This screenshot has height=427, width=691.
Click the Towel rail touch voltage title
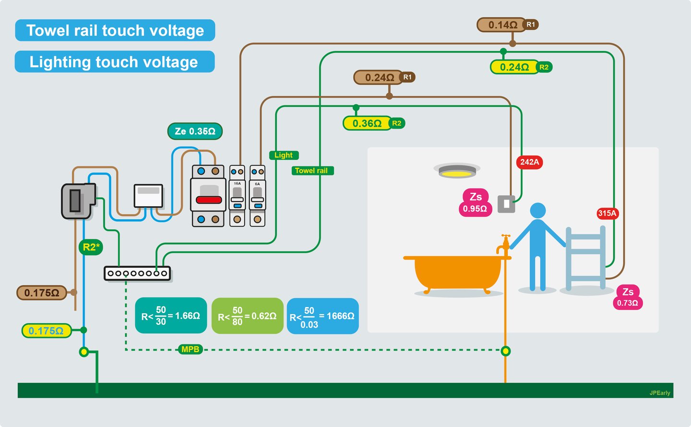pyautogui.click(x=115, y=31)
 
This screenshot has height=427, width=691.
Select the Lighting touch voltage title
pyautogui.click(x=114, y=62)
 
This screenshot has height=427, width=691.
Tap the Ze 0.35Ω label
pyautogui.click(x=195, y=131)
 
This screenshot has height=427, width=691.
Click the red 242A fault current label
pyautogui.click(x=530, y=162)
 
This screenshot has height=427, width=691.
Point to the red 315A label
pyautogui.click(x=607, y=213)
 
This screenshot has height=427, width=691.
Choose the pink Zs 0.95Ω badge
pyautogui.click(x=475, y=202)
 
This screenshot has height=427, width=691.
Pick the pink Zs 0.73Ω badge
pyautogui.click(x=628, y=297)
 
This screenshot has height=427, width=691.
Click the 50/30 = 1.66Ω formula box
pyautogui.click(x=171, y=316)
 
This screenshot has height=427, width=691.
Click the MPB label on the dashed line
pyautogui.click(x=190, y=349)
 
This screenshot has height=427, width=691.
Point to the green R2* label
pyautogui.click(x=91, y=247)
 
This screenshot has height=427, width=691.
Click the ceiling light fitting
pyautogui.click(x=456, y=170)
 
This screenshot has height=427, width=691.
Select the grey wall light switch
pyautogui.click(x=506, y=204)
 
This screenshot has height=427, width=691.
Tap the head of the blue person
pyautogui.click(x=538, y=211)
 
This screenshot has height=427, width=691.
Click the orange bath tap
pyautogui.click(x=503, y=245)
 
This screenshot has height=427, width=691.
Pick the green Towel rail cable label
pyautogui.click(x=311, y=171)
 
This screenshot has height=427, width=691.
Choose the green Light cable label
pyautogui.click(x=284, y=155)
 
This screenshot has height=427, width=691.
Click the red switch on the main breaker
pyautogui.click(x=208, y=200)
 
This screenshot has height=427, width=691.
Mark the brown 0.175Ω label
pyautogui.click(x=42, y=293)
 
